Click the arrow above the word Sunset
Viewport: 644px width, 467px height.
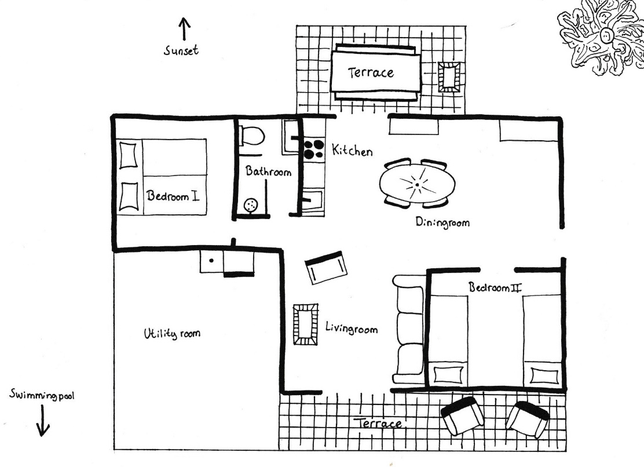[x=184, y=29]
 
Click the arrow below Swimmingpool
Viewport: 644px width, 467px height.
[x=42, y=421]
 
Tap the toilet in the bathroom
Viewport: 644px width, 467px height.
[x=251, y=136]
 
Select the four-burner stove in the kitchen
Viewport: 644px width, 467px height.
[x=314, y=149]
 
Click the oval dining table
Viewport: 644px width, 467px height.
[x=418, y=184]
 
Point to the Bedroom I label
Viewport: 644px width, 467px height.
[x=173, y=195]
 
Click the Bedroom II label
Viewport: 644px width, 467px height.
[x=495, y=287]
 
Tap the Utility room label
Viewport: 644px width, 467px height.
[x=172, y=333]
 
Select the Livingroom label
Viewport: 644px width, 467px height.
[x=352, y=329]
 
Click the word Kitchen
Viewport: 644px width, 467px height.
[x=352, y=151]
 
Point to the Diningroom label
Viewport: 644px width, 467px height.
[x=442, y=222]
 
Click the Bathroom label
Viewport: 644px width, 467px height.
[x=269, y=171]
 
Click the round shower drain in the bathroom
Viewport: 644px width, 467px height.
[x=251, y=205]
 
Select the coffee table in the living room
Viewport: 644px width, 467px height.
[x=305, y=324]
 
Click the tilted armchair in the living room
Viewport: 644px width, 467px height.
[x=326, y=267]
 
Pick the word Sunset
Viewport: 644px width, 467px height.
[x=181, y=50]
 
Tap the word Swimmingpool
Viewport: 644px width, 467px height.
[x=42, y=396]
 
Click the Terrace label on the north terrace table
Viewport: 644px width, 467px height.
[x=371, y=72]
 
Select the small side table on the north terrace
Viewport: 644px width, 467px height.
[x=449, y=77]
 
